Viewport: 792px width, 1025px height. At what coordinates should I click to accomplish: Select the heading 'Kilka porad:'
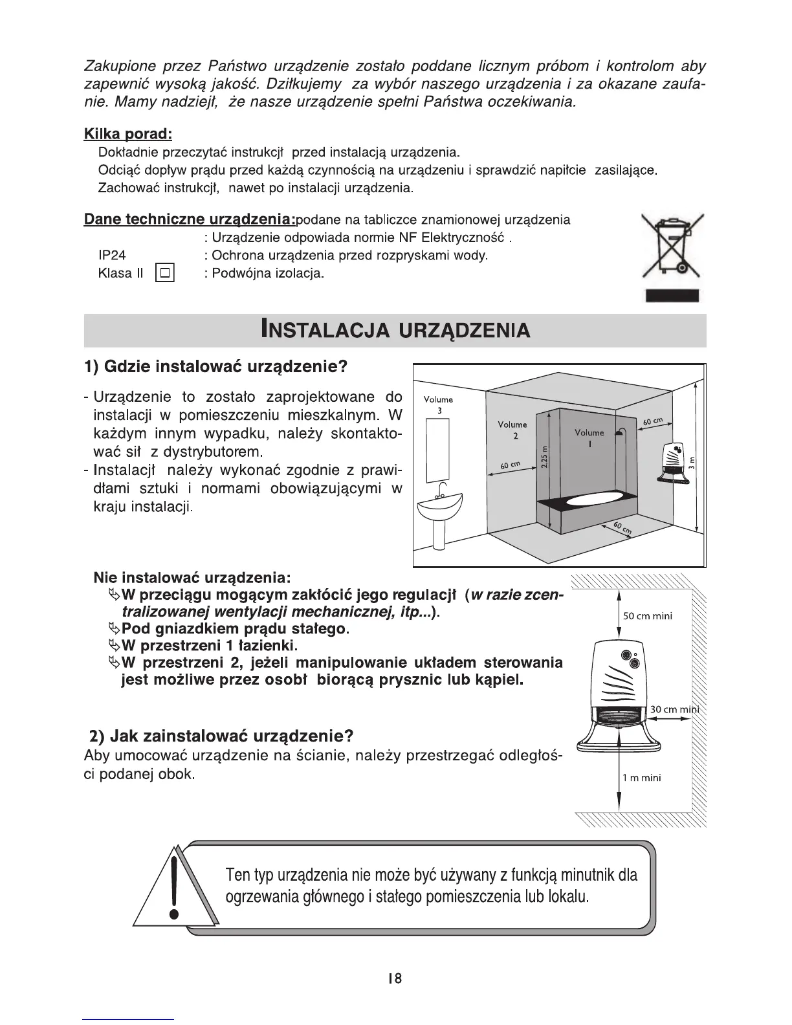pos(127,134)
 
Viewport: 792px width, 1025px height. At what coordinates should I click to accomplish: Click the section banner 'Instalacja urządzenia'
pos(395,330)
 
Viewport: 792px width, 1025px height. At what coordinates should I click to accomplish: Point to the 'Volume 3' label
pos(438,404)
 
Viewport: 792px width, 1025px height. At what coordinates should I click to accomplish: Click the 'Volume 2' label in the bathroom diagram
pos(512,430)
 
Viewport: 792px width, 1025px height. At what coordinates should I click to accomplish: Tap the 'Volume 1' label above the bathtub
pos(589,437)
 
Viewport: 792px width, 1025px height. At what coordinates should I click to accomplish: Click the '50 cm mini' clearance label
pos(647,616)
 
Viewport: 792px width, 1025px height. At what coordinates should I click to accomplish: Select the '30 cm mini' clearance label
pos(675,709)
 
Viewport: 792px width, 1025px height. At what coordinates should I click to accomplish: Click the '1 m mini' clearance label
pos(642,778)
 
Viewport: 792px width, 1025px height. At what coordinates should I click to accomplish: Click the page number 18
pos(394,978)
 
